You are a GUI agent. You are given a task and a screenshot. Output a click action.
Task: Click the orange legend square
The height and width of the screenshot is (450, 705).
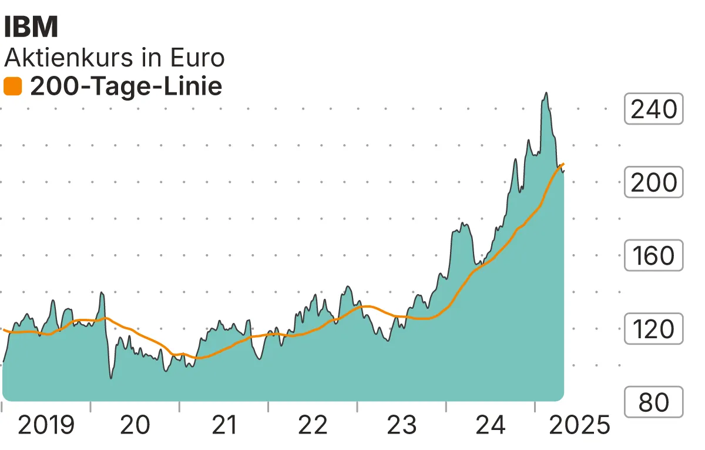coord(13,87)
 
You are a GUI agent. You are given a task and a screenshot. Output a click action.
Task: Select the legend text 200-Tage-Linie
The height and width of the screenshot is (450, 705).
coord(126,86)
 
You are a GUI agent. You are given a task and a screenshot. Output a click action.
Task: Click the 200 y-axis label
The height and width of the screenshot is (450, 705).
coord(653,182)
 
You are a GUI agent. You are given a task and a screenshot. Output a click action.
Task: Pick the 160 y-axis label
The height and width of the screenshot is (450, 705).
coord(653,256)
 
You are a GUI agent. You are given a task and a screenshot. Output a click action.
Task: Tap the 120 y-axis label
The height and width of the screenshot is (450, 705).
coord(653,329)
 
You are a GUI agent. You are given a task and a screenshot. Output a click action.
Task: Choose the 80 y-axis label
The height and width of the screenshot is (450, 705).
coord(653,402)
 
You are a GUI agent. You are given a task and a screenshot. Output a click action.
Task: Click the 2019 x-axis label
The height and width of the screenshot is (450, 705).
coord(46,425)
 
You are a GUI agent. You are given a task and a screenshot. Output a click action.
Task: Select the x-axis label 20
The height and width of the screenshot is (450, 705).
coord(135,425)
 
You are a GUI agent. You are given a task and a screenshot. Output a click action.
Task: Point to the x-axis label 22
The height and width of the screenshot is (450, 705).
coord(313,425)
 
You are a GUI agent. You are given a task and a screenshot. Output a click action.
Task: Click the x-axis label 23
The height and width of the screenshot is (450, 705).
coord(402,425)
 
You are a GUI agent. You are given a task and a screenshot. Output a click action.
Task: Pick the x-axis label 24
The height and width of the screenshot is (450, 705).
coord(491,425)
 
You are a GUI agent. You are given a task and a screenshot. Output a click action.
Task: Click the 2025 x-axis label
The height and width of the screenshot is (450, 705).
coord(579,425)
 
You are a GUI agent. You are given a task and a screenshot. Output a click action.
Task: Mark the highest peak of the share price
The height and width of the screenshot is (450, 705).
coord(546,93)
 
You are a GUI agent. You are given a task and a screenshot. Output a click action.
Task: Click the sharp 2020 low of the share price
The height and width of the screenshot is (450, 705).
coord(112,378)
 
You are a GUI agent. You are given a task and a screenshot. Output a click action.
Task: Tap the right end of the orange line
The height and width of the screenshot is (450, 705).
coord(563,164)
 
